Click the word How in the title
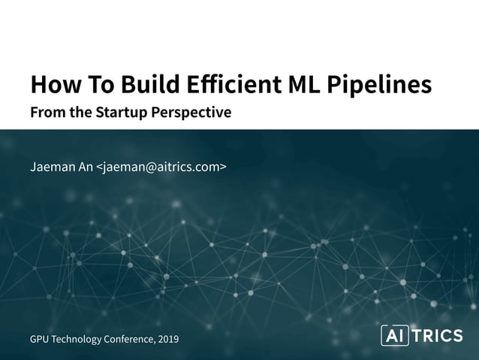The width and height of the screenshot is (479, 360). tap(52, 85)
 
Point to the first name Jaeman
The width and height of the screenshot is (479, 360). tap(53, 166)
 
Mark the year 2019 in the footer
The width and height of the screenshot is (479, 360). tap(170, 339)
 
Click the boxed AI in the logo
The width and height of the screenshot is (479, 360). tap(394, 336)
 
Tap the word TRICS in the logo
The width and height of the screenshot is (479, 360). tap(438, 336)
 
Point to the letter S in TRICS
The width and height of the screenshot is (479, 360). tap(457, 336)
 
